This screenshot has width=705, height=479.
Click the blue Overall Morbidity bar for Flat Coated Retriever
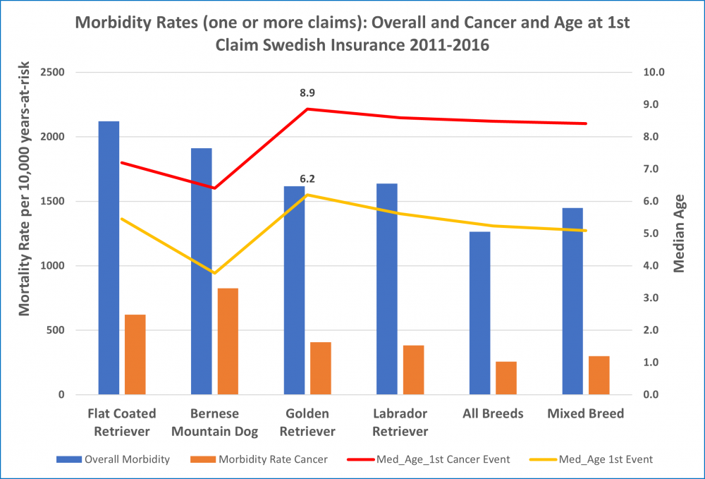coord(109,257)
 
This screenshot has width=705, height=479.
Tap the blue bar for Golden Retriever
coord(294,290)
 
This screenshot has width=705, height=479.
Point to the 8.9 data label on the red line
coord(307,92)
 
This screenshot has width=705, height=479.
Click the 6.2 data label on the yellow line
coord(307,179)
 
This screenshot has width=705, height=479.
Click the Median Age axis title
coord(680,233)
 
